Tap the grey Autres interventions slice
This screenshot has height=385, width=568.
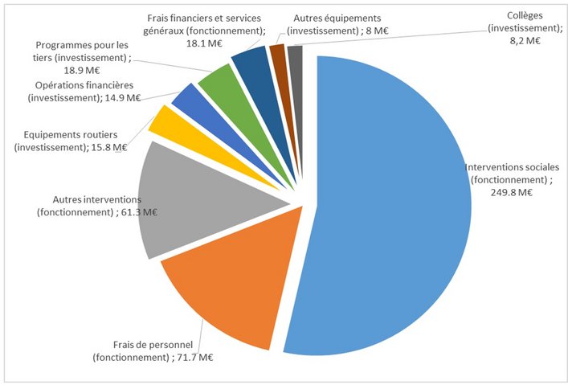point(193,205)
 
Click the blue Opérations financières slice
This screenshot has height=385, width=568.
point(186,97)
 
